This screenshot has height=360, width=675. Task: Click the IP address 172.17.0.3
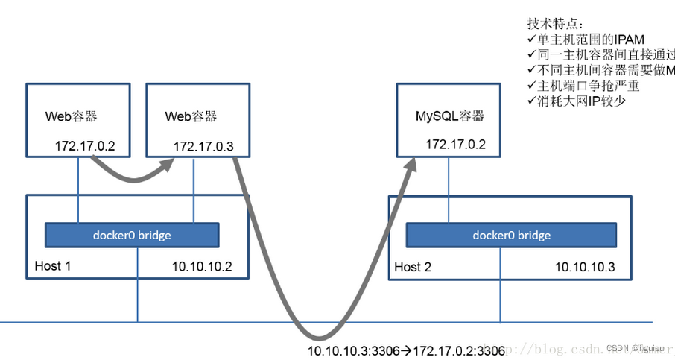tap(203, 147)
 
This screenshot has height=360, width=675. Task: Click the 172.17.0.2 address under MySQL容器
tap(455, 145)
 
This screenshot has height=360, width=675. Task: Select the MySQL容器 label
tap(449, 116)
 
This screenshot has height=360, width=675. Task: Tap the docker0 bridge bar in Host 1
tap(132, 236)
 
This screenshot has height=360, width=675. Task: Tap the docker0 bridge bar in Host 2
tap(511, 236)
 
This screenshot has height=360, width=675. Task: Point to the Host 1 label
tap(53, 266)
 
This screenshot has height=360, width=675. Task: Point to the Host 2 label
tap(413, 267)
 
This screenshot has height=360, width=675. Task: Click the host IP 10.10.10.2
tap(202, 267)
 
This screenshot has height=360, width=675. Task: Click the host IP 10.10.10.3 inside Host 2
tap(584, 267)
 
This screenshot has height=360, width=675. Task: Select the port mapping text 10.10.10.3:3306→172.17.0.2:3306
tap(406, 350)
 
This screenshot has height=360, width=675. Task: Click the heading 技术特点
tap(555, 24)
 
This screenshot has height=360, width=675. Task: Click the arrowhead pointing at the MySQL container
tap(411, 163)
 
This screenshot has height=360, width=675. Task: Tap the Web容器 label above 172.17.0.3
tap(191, 116)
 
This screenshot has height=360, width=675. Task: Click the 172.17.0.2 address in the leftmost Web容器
tap(85, 145)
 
